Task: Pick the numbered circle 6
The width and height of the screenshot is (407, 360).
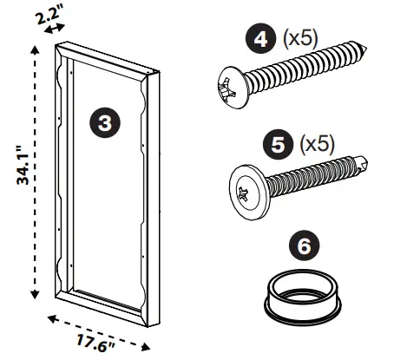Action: coord(303,247)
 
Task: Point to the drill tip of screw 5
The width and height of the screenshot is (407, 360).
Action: coord(367,160)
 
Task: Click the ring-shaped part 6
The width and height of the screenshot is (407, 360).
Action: coord(302,296)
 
